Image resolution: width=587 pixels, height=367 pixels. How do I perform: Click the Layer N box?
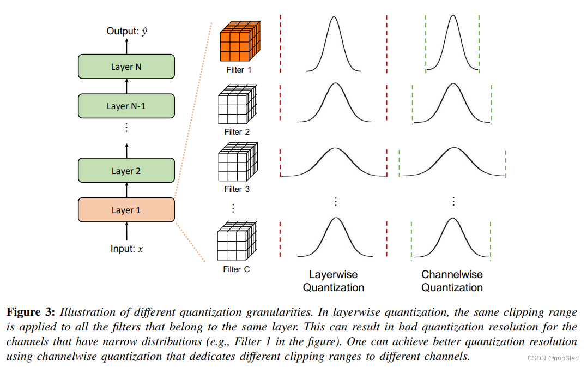coord(126,67)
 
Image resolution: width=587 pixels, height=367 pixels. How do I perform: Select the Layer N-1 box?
coord(126,106)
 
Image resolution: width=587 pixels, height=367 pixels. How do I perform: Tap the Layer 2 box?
coord(126,170)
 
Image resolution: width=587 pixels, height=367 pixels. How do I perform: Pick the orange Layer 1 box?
coord(126,210)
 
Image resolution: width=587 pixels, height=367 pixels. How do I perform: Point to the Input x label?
coord(127,249)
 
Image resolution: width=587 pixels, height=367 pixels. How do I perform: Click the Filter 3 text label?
coord(237,189)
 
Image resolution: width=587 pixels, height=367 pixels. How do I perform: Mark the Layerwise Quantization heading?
coord(334,281)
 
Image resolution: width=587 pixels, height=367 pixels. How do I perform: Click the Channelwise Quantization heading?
coord(452,281)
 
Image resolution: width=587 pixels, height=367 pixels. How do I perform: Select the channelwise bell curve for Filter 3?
coord(452,162)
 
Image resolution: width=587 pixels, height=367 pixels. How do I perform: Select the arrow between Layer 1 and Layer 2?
coord(126,190)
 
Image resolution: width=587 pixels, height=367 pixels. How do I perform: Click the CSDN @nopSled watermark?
coord(555,358)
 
